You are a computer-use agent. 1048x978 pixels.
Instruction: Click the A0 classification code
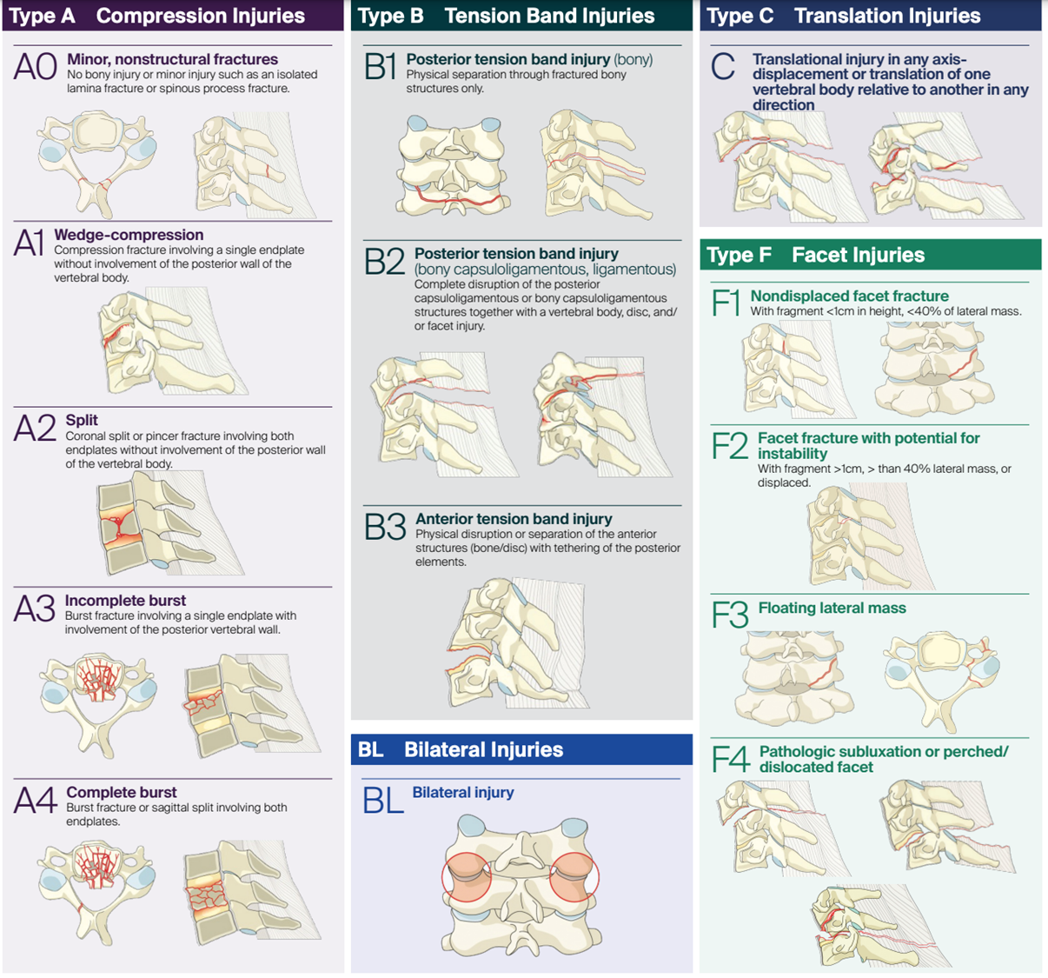pos(36,68)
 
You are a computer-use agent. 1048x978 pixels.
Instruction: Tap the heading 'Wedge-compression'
pos(129,235)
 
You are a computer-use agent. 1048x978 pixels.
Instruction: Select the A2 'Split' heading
pos(82,421)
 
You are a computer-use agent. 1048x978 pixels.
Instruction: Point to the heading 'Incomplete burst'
pos(125,601)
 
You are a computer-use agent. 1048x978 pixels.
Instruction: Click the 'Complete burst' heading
pos(122,793)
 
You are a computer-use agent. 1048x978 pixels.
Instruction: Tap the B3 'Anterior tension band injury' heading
pos(514,519)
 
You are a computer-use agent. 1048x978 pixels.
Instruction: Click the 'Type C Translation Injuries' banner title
pos(843,16)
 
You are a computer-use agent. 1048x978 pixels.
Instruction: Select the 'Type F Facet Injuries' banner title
pos(815,255)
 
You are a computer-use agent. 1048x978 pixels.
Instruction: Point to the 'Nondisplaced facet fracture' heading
pos(849,296)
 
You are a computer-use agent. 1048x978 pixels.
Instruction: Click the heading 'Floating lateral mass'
pos(832,609)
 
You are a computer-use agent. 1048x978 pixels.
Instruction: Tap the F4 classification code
pos(730,760)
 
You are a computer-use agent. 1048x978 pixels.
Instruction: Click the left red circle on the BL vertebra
pos(467,877)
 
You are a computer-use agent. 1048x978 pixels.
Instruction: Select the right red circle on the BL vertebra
pos(574,877)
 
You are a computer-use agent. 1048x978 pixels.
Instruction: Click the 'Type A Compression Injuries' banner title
pos(157,16)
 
